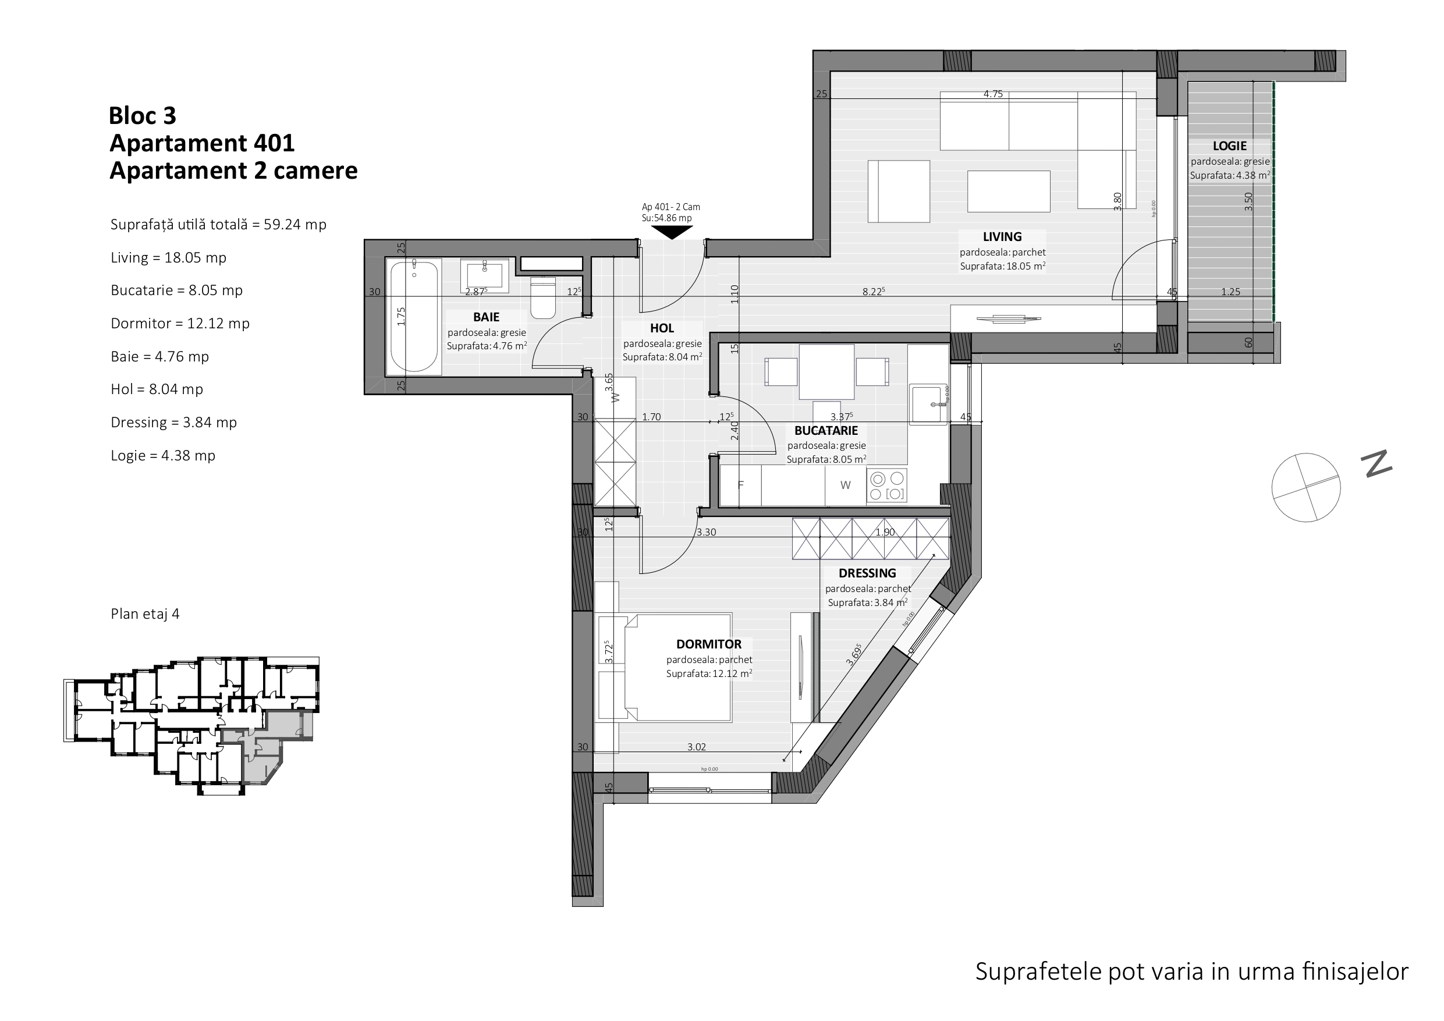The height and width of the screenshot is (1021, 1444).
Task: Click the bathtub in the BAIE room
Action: [413, 317]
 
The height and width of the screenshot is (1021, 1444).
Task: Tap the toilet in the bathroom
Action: [543, 297]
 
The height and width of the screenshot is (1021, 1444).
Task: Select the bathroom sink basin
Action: [484, 275]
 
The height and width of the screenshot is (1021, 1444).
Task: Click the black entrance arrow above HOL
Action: [672, 232]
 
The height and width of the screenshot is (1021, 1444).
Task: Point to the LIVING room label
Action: [1002, 236]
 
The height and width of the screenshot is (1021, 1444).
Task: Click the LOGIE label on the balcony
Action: [1230, 146]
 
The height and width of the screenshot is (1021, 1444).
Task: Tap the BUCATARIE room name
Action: [826, 430]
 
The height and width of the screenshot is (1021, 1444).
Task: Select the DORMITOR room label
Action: [709, 644]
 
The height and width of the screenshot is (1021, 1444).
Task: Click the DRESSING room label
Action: [867, 573]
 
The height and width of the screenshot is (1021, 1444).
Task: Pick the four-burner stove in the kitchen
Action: [887, 485]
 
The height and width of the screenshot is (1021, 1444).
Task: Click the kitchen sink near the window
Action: [928, 405]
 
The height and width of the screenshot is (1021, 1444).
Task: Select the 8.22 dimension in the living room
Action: [874, 291]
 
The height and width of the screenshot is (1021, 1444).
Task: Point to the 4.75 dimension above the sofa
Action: [993, 94]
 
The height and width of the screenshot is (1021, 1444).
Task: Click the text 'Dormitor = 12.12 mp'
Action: [180, 323]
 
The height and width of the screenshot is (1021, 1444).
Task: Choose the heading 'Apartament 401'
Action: [202, 143]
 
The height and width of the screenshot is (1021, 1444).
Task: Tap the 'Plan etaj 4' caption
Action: [146, 614]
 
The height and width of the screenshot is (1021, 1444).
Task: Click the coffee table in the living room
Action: [1008, 192]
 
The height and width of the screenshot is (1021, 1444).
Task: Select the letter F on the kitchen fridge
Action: [741, 485]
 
